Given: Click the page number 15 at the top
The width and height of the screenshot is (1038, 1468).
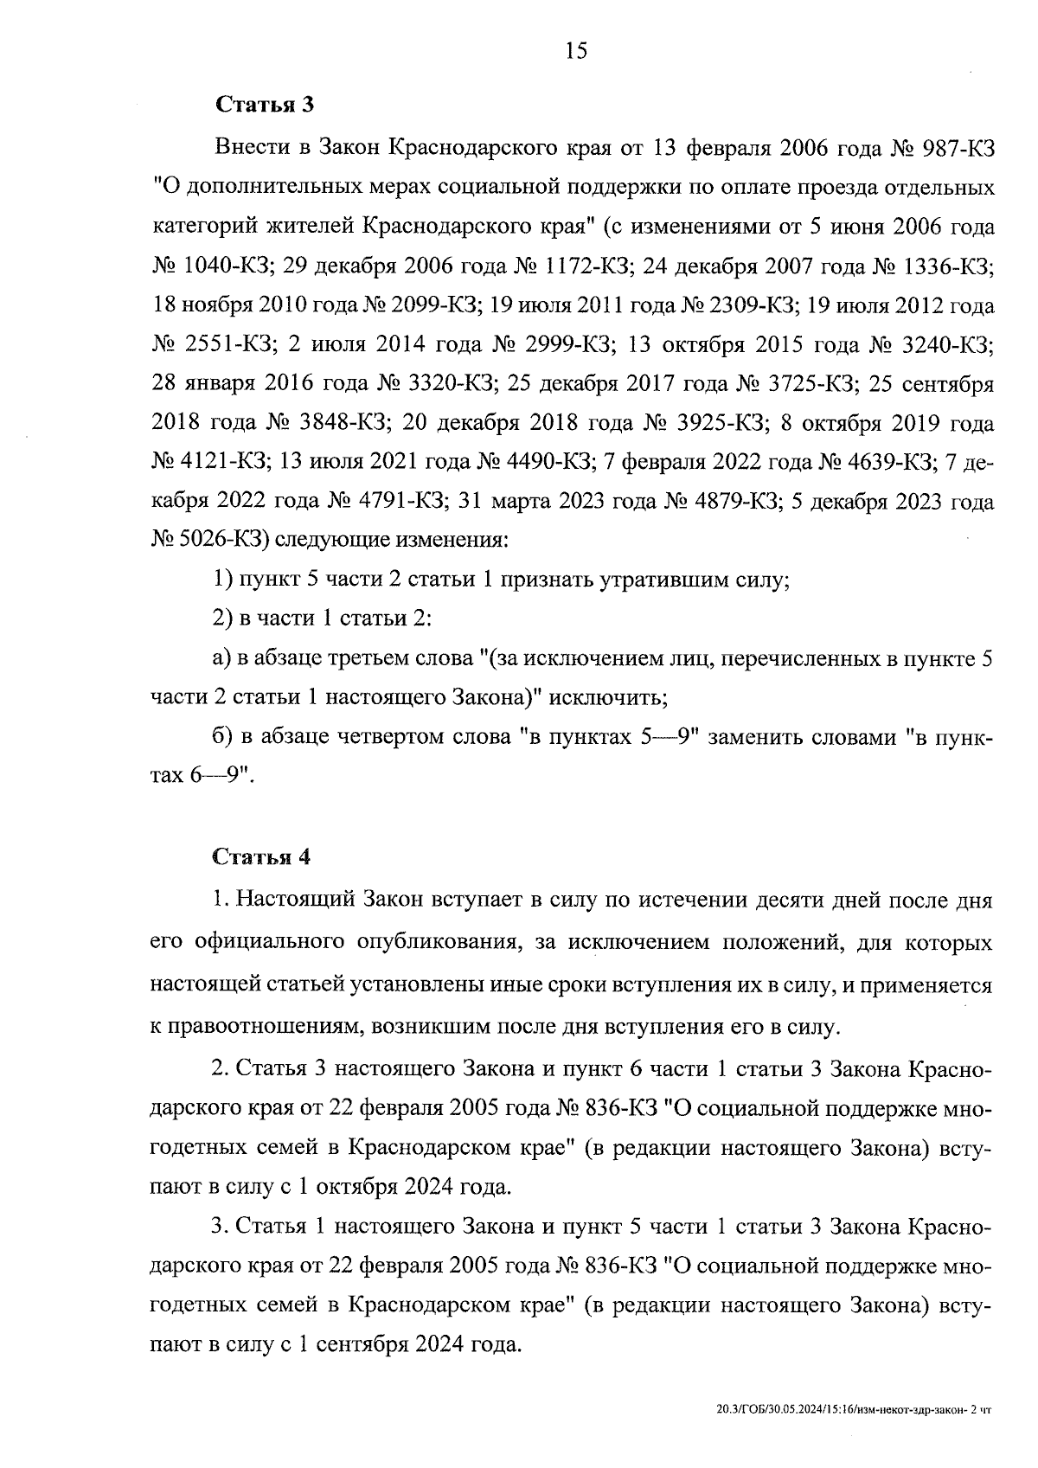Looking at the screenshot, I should [x=576, y=51].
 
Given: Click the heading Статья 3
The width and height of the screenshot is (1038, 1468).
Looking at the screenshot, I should [x=264, y=106].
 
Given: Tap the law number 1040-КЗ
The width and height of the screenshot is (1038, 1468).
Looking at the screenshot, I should [x=217, y=266].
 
